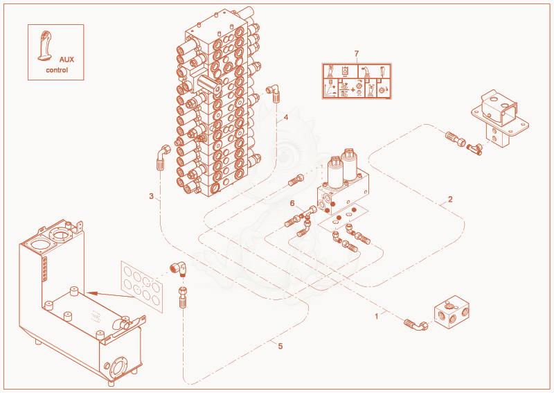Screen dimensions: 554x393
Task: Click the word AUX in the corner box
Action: click(x=66, y=60)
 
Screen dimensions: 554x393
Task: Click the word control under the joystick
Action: click(x=57, y=70)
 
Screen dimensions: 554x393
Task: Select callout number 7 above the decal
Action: click(x=357, y=53)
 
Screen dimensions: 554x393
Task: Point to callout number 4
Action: click(x=286, y=117)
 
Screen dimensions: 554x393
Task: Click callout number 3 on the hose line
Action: click(x=151, y=196)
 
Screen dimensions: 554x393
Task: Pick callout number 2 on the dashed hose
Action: click(x=450, y=199)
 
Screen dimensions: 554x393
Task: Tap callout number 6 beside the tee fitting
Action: click(x=292, y=203)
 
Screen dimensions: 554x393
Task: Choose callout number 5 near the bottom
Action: click(x=280, y=346)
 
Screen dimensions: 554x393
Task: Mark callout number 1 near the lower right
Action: click(x=376, y=316)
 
